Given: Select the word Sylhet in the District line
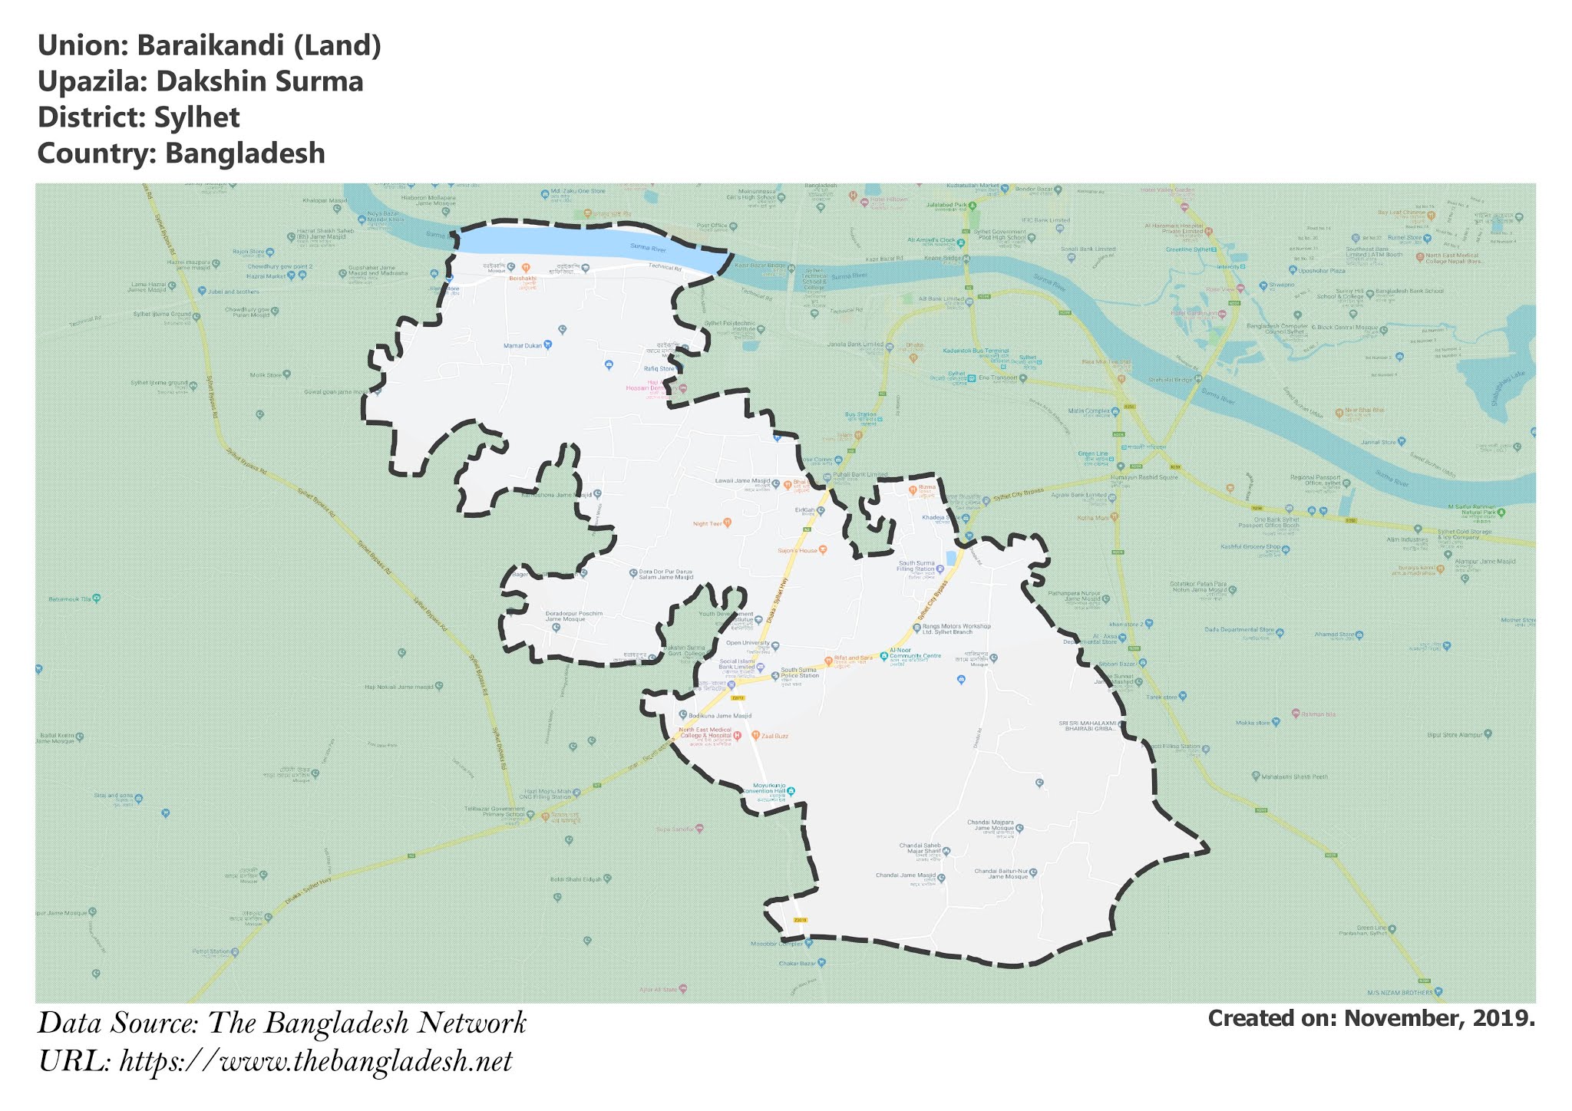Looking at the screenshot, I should coord(196,117).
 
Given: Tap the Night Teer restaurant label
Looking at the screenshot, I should coord(708,524).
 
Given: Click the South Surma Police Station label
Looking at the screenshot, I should coord(800,673).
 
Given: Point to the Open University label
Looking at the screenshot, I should coord(747,643).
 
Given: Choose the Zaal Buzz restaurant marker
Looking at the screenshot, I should coord(756,735).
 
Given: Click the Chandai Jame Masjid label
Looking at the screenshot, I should coord(906,875).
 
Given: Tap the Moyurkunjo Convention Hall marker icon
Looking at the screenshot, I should coord(791,791).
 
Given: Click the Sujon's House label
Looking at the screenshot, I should coord(798,550).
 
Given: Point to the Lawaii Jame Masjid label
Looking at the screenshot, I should coord(742,481).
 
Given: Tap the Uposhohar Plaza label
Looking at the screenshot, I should coord(1321,271).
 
